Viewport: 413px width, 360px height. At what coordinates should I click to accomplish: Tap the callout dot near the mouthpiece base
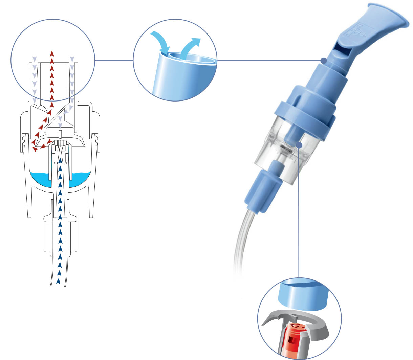coord(324,61)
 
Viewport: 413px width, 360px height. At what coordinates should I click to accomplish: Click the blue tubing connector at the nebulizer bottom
coord(264,189)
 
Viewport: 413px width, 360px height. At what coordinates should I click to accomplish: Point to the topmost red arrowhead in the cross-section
coord(52,53)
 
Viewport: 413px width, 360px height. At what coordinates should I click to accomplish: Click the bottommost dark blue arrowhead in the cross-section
coord(59,280)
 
